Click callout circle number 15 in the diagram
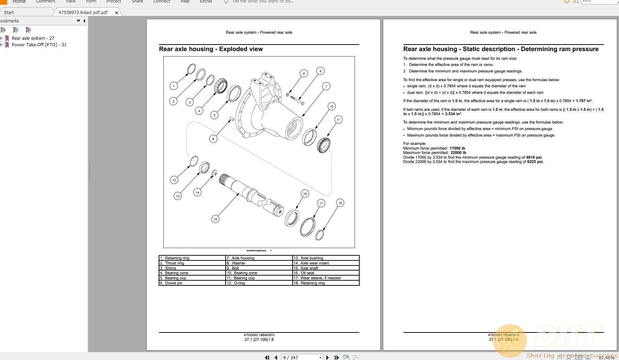click(x=215, y=219)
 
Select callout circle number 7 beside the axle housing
click(x=326, y=86)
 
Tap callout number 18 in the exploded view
click(x=340, y=203)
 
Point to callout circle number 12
click(x=174, y=180)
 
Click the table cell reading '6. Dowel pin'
click(x=192, y=283)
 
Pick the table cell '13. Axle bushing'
click(x=326, y=258)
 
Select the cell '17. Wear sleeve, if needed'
click(x=326, y=278)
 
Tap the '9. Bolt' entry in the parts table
click(x=259, y=268)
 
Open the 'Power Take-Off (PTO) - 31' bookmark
click(x=39, y=45)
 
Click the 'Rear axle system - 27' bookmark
click(x=33, y=38)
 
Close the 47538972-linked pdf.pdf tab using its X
click(x=117, y=13)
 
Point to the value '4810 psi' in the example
click(x=534, y=157)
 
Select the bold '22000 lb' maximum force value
click(x=458, y=152)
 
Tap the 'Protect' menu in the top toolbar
click(x=114, y=1)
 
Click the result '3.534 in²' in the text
click(x=453, y=114)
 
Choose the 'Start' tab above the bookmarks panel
click(x=9, y=12)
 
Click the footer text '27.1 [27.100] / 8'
click(x=259, y=339)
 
